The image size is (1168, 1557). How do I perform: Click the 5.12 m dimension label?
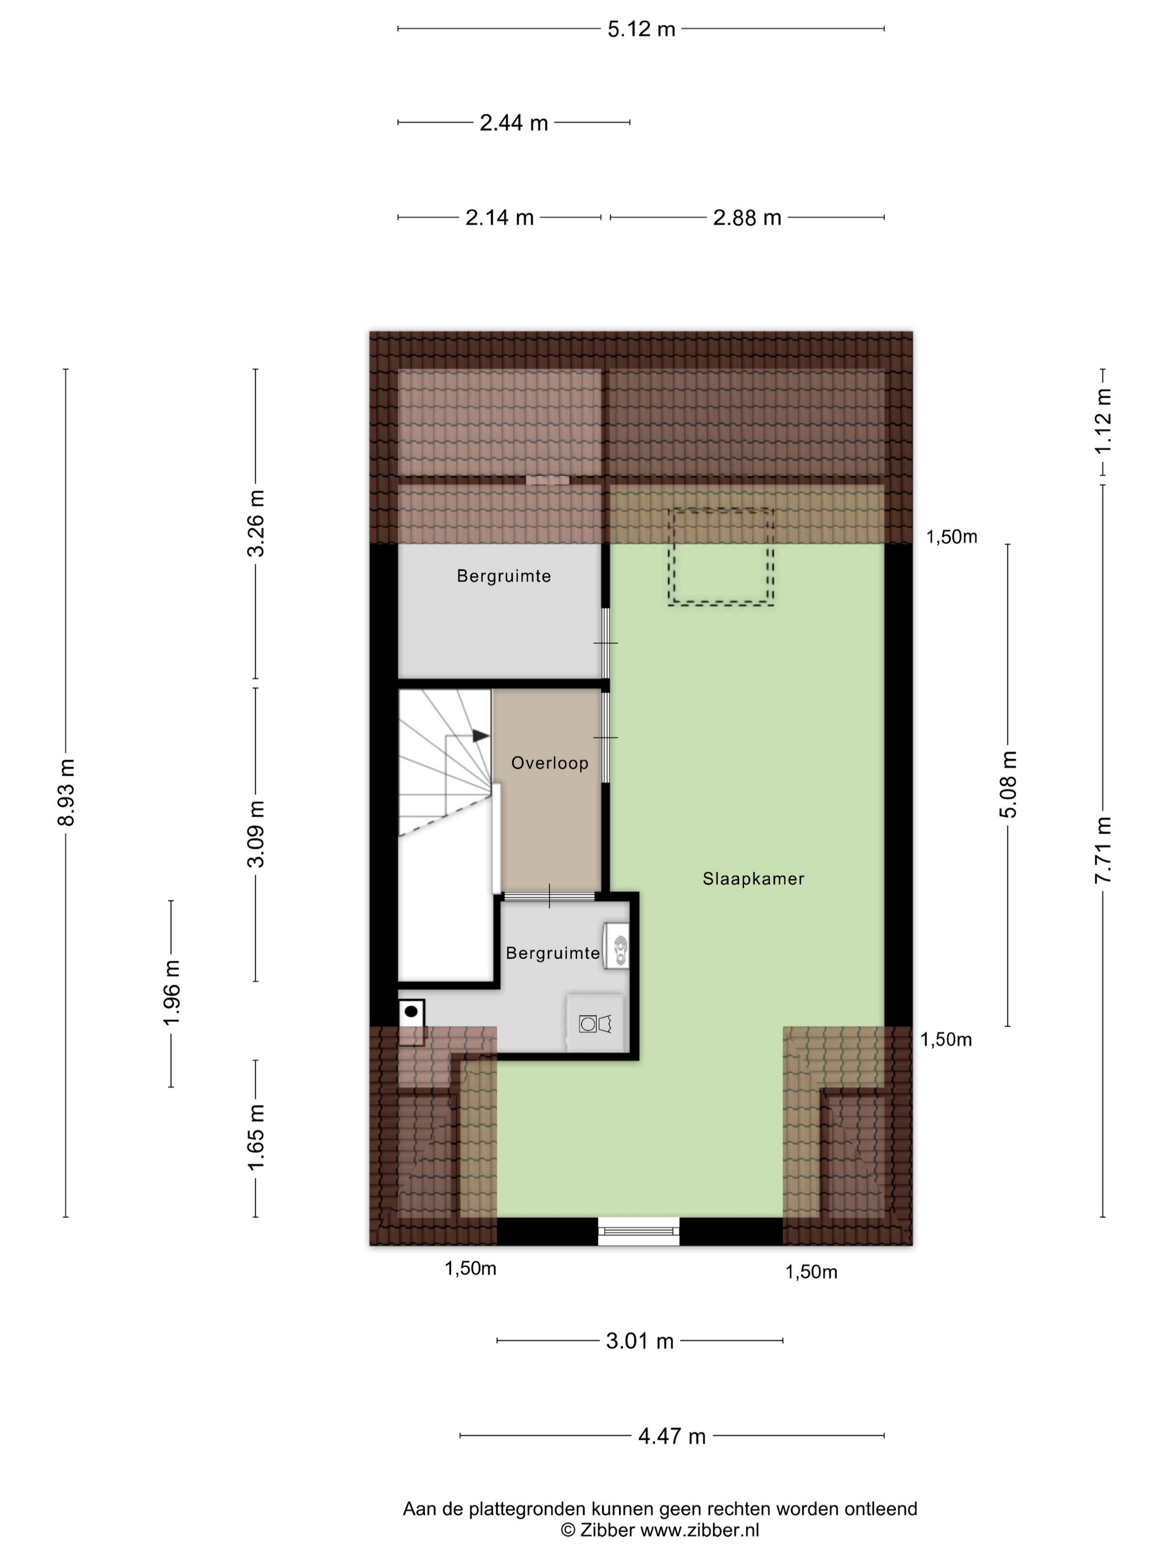(x=641, y=29)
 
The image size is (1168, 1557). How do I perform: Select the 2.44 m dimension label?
(x=513, y=123)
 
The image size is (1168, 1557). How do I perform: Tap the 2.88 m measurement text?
(x=747, y=218)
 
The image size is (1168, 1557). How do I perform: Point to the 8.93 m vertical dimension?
(x=66, y=792)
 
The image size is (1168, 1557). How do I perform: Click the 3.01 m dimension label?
(x=640, y=1341)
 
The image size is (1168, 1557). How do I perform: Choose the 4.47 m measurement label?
(x=672, y=1436)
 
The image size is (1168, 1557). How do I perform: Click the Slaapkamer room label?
(x=753, y=879)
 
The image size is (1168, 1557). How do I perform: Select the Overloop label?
(x=550, y=763)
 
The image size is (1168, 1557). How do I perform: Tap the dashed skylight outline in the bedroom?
(x=721, y=557)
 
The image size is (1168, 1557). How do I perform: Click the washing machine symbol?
(x=595, y=1023)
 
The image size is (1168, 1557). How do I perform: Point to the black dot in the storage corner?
(x=411, y=1012)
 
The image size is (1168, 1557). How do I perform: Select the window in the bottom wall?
(x=639, y=1231)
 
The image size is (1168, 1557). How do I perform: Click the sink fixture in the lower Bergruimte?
(x=616, y=948)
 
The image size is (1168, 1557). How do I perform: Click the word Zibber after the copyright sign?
(x=607, y=1530)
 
